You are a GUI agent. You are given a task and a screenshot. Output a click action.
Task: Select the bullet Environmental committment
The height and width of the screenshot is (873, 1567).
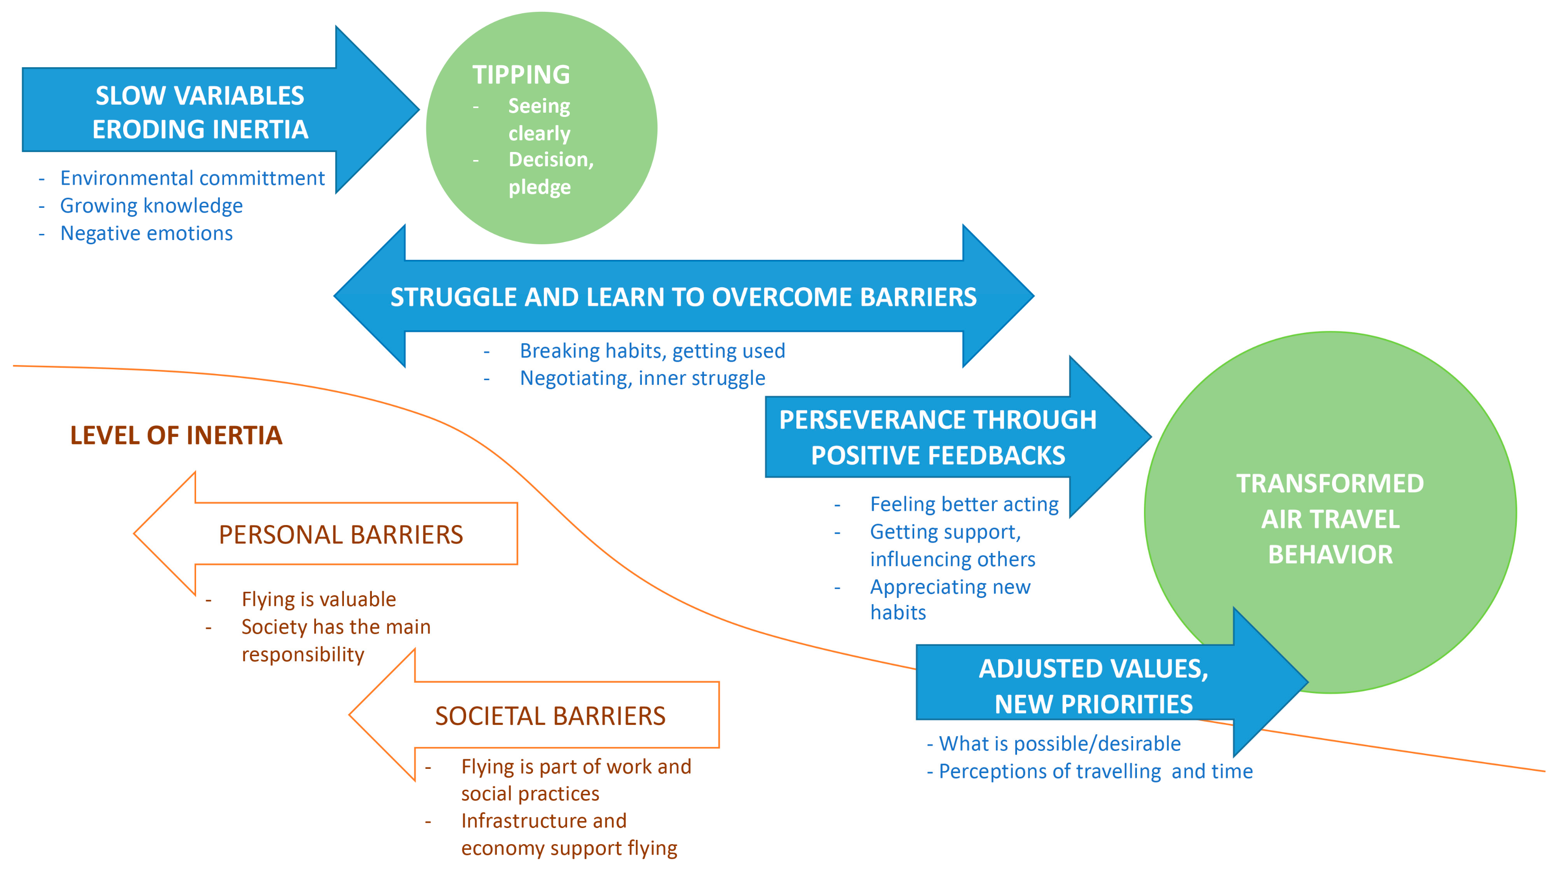192,178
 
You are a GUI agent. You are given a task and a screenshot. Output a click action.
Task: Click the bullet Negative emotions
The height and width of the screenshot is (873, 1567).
146,233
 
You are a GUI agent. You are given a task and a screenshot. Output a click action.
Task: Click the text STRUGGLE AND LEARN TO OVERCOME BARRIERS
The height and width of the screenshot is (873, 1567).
683,297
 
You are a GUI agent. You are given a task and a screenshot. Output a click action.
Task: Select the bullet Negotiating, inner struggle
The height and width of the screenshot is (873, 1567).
642,378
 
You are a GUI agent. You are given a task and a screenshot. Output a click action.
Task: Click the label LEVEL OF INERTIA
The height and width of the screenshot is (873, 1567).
176,435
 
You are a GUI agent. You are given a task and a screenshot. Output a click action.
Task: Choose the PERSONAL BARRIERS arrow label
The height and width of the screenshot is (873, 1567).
341,535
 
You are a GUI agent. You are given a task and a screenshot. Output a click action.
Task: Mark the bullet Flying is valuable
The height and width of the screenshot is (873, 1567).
318,599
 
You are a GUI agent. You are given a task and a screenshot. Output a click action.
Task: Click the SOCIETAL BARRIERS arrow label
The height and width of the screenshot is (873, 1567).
550,716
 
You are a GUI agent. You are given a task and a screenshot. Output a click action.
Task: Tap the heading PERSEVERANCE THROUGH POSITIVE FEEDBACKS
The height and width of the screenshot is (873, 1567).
937,438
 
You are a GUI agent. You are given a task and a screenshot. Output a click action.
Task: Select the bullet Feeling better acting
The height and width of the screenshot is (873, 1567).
964,504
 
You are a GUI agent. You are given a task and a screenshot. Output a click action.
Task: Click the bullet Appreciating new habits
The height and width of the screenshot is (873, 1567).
950,599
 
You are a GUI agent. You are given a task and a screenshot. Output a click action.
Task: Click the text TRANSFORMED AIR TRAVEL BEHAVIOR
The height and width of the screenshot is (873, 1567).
1330,518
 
